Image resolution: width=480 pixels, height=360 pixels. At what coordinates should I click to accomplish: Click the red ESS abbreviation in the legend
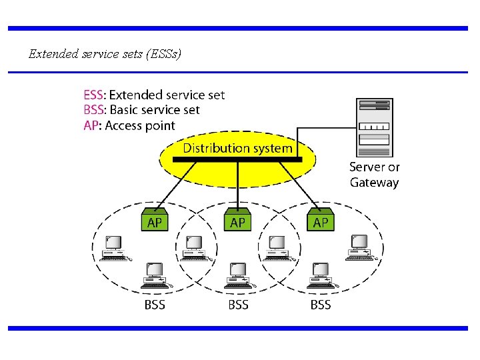click(94, 95)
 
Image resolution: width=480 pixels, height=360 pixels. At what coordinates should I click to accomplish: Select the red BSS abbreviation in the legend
click(94, 110)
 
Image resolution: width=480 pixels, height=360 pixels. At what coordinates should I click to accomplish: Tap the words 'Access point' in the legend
click(140, 125)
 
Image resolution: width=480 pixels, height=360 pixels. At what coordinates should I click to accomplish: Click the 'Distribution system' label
click(237, 148)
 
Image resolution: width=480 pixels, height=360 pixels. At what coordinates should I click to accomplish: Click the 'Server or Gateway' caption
click(374, 175)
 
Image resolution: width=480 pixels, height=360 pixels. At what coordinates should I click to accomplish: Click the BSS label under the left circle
click(155, 305)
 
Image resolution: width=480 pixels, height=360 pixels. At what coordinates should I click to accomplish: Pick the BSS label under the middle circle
click(238, 305)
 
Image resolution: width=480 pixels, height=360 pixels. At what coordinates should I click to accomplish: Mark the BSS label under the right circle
click(321, 305)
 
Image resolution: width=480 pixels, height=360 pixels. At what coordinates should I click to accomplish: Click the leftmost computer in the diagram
click(112, 249)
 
